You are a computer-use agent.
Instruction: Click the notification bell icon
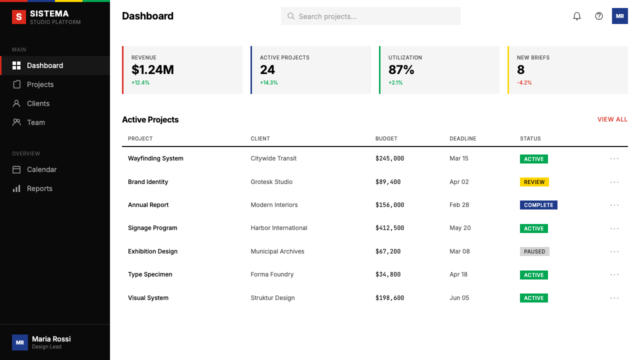577,16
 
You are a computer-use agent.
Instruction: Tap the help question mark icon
599,16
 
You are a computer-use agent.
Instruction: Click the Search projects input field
370,16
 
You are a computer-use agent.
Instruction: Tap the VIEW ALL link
612,119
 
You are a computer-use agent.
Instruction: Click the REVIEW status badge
534,182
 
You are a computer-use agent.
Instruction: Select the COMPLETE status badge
538,205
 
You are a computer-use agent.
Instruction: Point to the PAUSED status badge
534,251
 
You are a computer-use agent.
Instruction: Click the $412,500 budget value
389,228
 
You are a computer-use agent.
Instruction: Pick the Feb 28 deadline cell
459,205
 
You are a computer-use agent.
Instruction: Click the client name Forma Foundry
272,274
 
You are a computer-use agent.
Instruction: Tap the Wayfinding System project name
155,158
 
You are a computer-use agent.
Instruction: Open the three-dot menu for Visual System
614,298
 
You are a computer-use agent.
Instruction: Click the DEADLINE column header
463,138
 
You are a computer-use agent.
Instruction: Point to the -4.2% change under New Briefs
524,82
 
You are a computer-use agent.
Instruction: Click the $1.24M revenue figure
152,69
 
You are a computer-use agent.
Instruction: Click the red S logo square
19,17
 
